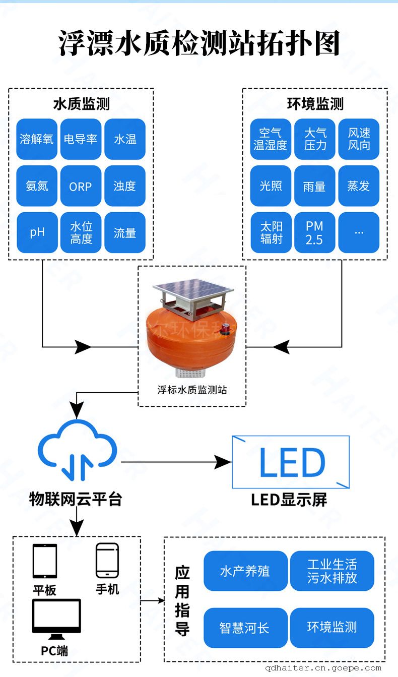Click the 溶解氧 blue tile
point(37,139)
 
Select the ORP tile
point(81,186)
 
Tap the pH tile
point(37,232)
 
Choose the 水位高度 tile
point(81,232)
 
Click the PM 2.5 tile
point(315,232)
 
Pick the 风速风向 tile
point(359,139)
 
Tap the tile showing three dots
point(359,232)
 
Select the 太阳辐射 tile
point(271,232)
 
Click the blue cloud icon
point(77,450)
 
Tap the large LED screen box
point(291,462)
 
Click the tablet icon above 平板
point(45,561)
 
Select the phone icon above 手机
point(107,561)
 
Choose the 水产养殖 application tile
point(245,571)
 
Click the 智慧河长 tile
point(245,628)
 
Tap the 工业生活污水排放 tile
point(332,571)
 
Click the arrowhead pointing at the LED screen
point(223,462)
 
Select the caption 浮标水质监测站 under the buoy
point(192,390)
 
